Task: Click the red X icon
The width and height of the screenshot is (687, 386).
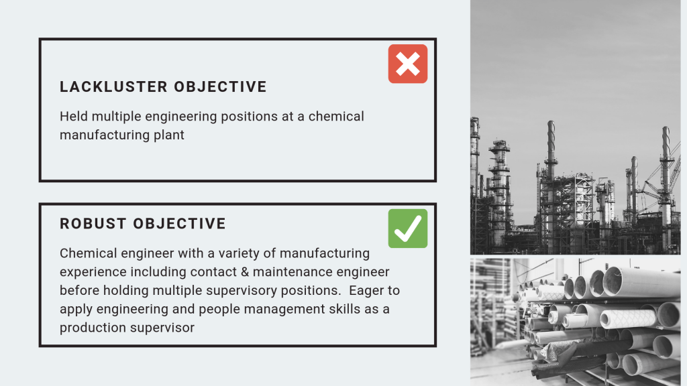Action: (x=407, y=64)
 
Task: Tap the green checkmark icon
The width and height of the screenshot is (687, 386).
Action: (x=407, y=229)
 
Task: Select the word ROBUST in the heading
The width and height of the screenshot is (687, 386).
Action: (x=93, y=224)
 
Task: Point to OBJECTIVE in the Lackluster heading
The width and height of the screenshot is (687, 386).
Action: (x=220, y=86)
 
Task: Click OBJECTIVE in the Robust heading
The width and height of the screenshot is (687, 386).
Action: (x=180, y=224)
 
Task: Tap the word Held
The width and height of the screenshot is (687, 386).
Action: (x=74, y=117)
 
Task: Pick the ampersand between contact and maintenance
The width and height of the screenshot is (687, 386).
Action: (x=244, y=272)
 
